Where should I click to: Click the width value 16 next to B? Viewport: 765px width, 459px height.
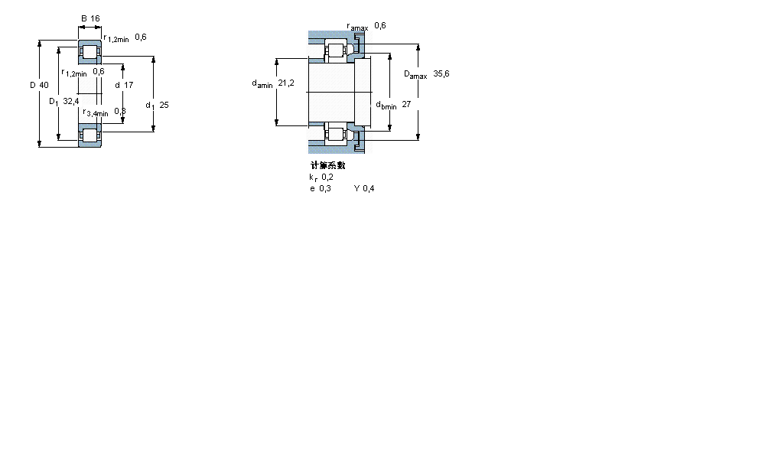click(x=95, y=18)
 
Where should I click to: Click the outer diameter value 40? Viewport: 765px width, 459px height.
click(x=44, y=85)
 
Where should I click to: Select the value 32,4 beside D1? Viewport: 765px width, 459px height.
click(x=70, y=101)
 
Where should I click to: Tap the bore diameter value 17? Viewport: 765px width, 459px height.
click(x=129, y=85)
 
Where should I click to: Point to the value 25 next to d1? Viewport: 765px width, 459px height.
click(x=164, y=106)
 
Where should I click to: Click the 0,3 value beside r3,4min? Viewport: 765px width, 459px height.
click(x=120, y=112)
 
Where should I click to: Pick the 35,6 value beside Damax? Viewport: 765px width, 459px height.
click(x=441, y=74)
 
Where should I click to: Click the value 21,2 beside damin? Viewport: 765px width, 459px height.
click(x=286, y=83)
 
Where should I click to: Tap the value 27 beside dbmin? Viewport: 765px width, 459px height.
click(x=406, y=105)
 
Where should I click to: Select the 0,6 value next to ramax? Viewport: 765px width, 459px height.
click(x=380, y=26)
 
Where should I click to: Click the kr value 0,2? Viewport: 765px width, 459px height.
click(x=327, y=177)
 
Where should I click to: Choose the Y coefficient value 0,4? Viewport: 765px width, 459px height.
click(x=369, y=189)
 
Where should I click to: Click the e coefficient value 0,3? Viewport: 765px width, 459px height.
click(x=325, y=189)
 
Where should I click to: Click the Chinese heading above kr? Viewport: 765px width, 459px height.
click(x=327, y=165)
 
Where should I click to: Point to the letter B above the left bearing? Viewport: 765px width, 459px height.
click(x=84, y=18)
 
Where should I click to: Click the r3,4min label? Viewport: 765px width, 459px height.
click(x=96, y=112)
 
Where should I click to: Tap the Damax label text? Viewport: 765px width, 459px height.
click(x=415, y=75)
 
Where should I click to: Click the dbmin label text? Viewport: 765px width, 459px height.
click(x=386, y=106)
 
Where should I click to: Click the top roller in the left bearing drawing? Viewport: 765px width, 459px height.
click(x=90, y=53)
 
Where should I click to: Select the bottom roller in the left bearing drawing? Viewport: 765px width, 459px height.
click(x=90, y=135)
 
